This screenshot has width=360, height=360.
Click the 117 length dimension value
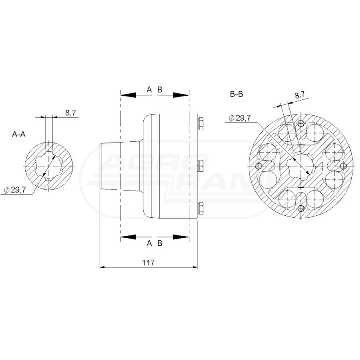[x=148, y=262]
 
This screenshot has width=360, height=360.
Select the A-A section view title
[x=19, y=134]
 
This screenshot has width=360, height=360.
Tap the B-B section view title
[x=236, y=94]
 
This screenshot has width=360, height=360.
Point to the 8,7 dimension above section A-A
[x=71, y=113]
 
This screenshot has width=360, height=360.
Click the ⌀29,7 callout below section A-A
[x=15, y=190]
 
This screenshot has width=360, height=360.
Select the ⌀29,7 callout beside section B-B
[x=240, y=118]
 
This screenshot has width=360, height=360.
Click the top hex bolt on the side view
[x=200, y=124]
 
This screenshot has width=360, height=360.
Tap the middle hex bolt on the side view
[x=200, y=166]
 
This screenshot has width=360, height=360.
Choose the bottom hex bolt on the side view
[x=200, y=208]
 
